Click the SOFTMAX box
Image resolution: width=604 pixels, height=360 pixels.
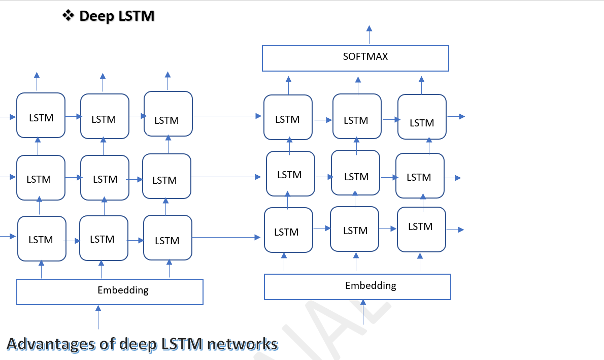(x=355, y=58)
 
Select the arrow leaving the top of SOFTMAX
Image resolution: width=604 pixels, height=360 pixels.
(x=369, y=35)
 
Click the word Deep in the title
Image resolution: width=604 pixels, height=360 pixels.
(x=97, y=16)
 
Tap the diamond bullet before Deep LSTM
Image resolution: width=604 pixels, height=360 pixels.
(x=68, y=16)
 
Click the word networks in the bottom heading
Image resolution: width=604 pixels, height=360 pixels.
(x=243, y=344)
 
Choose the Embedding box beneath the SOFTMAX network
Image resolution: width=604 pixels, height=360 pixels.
(x=357, y=286)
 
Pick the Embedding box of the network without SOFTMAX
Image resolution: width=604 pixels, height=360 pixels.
(x=110, y=291)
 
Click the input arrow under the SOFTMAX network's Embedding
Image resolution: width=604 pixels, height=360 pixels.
(x=363, y=312)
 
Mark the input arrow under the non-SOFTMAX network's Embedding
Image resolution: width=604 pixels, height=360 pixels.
(x=98, y=317)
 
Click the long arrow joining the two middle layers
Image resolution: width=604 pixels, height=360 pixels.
(x=226, y=177)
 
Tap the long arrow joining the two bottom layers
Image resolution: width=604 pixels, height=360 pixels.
(x=226, y=237)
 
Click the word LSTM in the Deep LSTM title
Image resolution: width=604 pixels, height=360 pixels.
(x=136, y=16)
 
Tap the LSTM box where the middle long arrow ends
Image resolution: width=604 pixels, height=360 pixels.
(x=290, y=174)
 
